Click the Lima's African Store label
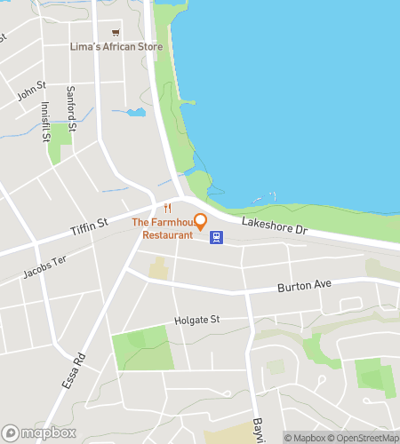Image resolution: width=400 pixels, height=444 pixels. [x=116, y=46]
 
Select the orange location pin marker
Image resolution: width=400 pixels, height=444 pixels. [x=200, y=220]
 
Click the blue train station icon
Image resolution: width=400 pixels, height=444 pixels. [x=215, y=237]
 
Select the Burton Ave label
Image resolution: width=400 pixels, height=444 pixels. [x=303, y=286]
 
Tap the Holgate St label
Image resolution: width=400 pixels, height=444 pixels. [x=196, y=320]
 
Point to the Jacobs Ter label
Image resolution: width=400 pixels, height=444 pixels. [x=46, y=265]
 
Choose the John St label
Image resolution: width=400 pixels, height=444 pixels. [x=30, y=90]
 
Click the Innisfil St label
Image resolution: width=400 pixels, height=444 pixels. [x=44, y=121]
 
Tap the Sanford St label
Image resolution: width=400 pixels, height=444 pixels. [x=71, y=107]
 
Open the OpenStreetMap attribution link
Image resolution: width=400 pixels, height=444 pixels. [x=363, y=437]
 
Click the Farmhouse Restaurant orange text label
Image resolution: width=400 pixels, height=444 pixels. [x=163, y=229]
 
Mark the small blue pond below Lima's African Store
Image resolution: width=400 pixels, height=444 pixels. [x=135, y=113]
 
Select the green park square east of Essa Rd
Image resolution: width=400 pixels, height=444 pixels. [x=140, y=347]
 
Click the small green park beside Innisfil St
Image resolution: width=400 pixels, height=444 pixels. [x=60, y=139]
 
